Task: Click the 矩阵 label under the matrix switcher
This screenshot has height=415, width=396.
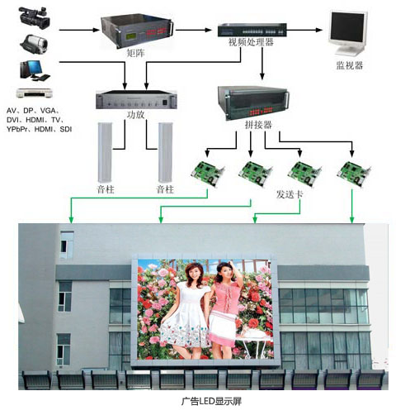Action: [x=136, y=53]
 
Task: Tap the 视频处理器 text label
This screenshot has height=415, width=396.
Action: [x=251, y=42]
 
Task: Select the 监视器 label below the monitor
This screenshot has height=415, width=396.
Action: [x=349, y=65]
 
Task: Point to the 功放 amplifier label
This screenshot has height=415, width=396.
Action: [x=135, y=115]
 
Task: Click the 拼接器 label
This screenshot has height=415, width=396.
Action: [x=258, y=125]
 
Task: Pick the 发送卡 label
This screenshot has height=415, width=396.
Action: [x=290, y=194]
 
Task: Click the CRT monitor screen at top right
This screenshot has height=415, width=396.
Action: [x=348, y=28]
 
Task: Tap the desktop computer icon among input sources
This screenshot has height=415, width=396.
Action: [x=35, y=70]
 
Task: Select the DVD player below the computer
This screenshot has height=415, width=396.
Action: [x=35, y=93]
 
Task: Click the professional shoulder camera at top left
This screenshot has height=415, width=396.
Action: [x=35, y=17]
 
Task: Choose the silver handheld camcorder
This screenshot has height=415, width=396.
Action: [x=34, y=44]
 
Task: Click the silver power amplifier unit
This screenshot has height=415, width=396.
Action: [x=136, y=100]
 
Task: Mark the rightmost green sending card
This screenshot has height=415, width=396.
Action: [x=354, y=174]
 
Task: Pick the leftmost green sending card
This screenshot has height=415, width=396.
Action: [x=208, y=174]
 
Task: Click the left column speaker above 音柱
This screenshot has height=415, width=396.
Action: [x=106, y=153]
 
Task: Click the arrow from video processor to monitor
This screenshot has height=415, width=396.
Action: [x=304, y=30]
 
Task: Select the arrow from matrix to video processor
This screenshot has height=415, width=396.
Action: [x=194, y=30]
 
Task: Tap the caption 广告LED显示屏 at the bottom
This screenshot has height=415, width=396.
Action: [x=211, y=401]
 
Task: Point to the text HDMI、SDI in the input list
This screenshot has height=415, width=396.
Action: [x=53, y=129]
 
